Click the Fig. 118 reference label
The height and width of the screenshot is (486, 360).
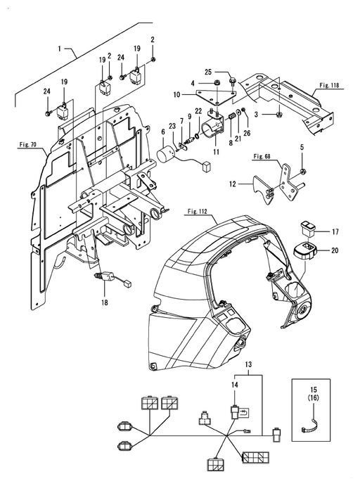click(x=329, y=85)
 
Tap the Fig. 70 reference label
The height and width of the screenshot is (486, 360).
click(x=28, y=144)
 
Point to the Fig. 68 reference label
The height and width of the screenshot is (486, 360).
click(x=262, y=157)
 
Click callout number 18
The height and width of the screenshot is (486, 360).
click(x=105, y=302)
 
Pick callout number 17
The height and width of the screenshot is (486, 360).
click(x=335, y=231)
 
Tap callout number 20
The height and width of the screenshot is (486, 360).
click(x=335, y=250)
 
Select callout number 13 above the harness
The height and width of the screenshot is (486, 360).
click(x=249, y=364)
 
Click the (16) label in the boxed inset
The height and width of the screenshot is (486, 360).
click(x=313, y=397)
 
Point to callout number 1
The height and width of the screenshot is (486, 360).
click(x=60, y=49)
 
